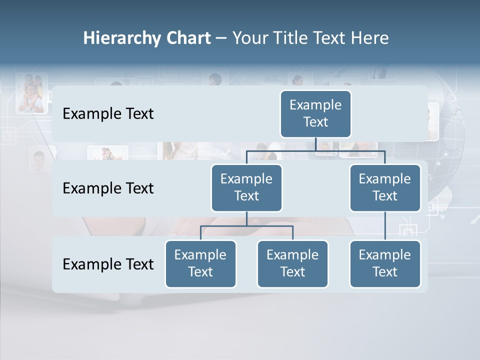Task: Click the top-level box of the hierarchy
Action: point(315,113)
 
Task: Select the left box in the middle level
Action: point(246,187)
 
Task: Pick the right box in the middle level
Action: point(384,187)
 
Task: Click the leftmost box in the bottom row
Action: point(200,263)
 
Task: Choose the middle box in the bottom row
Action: point(292,263)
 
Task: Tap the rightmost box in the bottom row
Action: point(384,263)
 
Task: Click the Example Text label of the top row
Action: point(108,114)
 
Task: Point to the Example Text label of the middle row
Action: point(108,188)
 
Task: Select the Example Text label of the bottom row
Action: point(108,264)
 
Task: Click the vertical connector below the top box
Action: point(316,144)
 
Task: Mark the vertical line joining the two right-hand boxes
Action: point(385,226)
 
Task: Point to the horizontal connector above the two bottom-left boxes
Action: point(246,226)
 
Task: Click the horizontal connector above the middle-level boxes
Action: point(315,150)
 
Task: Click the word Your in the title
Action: point(248,38)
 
